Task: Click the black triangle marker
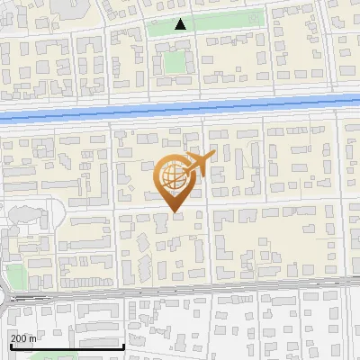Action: click(x=182, y=24)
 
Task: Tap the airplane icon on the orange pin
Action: click(x=199, y=163)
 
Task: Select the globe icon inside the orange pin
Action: click(x=174, y=179)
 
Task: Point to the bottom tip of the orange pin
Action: click(x=174, y=212)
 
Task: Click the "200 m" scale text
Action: click(x=23, y=337)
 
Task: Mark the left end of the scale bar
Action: click(x=10, y=347)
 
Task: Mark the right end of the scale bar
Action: click(x=124, y=347)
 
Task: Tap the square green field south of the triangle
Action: click(x=172, y=61)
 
